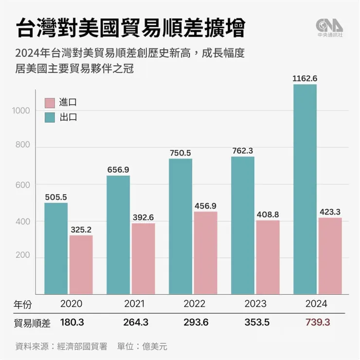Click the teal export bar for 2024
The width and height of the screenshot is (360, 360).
305,190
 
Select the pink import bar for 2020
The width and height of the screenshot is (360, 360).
81,265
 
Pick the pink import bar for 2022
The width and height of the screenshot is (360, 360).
205,252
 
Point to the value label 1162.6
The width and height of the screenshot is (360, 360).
305,78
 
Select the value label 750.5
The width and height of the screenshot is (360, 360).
180,152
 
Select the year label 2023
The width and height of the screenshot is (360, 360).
255,304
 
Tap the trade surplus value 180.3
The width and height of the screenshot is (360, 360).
72,323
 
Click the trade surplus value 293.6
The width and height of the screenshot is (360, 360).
194,323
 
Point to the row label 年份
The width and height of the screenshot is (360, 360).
22,304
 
